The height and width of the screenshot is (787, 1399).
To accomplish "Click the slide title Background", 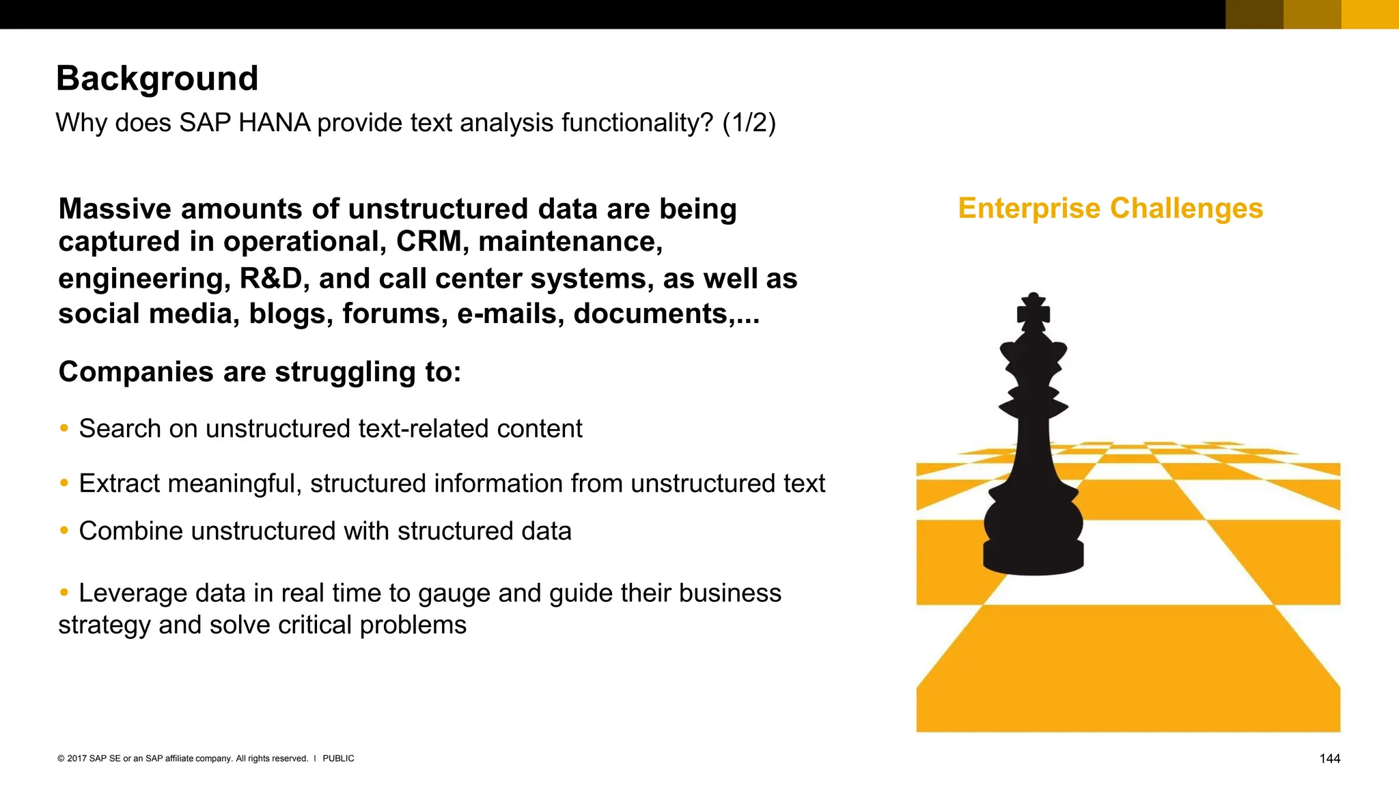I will click(157, 79).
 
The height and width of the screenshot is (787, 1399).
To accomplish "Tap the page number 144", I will click(1329, 759).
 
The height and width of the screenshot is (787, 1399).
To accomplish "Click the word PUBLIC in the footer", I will click(338, 758).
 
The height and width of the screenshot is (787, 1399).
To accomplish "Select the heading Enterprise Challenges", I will click(1111, 208).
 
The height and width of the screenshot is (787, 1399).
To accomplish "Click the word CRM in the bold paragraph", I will click(428, 242).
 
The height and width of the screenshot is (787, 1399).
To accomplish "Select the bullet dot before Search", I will click(64, 428).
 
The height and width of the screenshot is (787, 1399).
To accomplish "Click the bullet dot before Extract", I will click(64, 483).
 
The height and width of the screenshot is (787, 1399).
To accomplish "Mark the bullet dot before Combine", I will click(64, 531).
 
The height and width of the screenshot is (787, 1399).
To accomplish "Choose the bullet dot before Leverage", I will click(64, 592).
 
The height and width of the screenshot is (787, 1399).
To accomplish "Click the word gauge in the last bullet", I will click(454, 594).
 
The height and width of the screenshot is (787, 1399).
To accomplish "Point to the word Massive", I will click(114, 209).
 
